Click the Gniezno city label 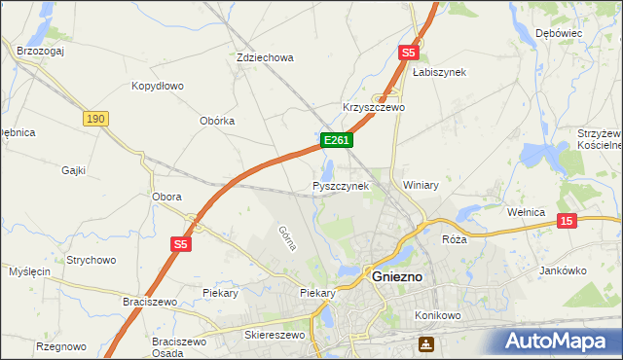397,276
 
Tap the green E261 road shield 336,141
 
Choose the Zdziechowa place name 265,57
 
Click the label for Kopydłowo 158,86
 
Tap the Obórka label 217,121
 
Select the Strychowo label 92,260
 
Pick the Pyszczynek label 341,185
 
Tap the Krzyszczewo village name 374,107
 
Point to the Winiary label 421,185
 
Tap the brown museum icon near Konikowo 426,343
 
